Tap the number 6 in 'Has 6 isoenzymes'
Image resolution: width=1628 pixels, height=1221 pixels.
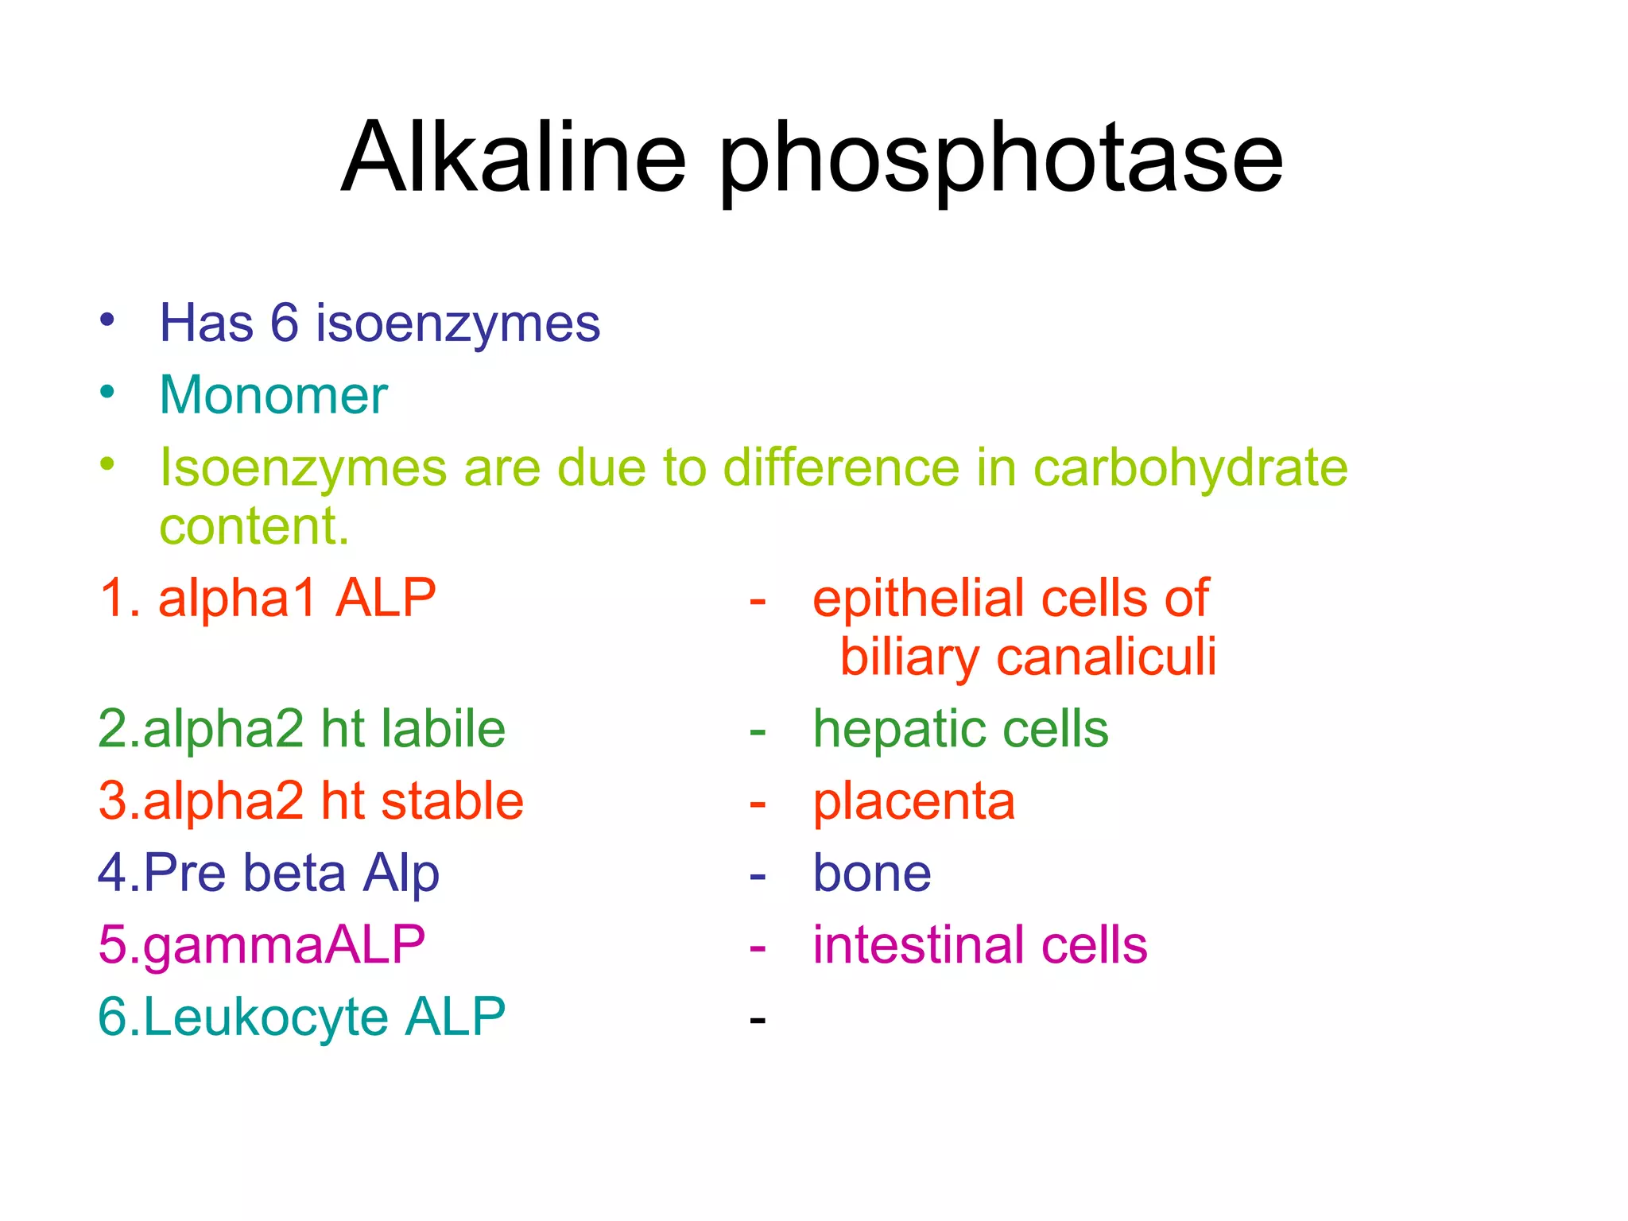(285, 324)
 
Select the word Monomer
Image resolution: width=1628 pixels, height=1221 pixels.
(273, 395)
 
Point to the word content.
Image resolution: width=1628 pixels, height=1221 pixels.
(254, 526)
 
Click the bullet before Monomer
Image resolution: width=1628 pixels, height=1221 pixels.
(107, 392)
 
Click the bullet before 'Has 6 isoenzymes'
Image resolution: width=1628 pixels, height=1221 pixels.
(107, 320)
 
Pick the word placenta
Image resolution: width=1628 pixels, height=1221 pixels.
(913, 801)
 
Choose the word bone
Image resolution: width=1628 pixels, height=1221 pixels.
(871, 873)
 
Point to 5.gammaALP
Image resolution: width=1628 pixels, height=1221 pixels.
(262, 945)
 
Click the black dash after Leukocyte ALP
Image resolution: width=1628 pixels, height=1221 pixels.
(758, 1019)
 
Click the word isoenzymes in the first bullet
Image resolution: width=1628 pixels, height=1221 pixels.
(457, 324)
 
